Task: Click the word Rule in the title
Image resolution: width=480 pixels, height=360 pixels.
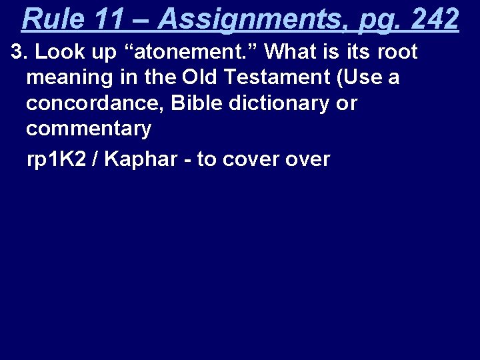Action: (53, 19)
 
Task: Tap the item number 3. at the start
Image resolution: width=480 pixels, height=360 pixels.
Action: (21, 51)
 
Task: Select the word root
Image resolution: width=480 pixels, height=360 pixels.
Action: (397, 51)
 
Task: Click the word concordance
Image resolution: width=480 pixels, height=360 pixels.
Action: (91, 103)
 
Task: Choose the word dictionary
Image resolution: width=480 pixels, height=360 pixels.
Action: (279, 103)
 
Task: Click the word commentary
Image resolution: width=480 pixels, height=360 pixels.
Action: (88, 129)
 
